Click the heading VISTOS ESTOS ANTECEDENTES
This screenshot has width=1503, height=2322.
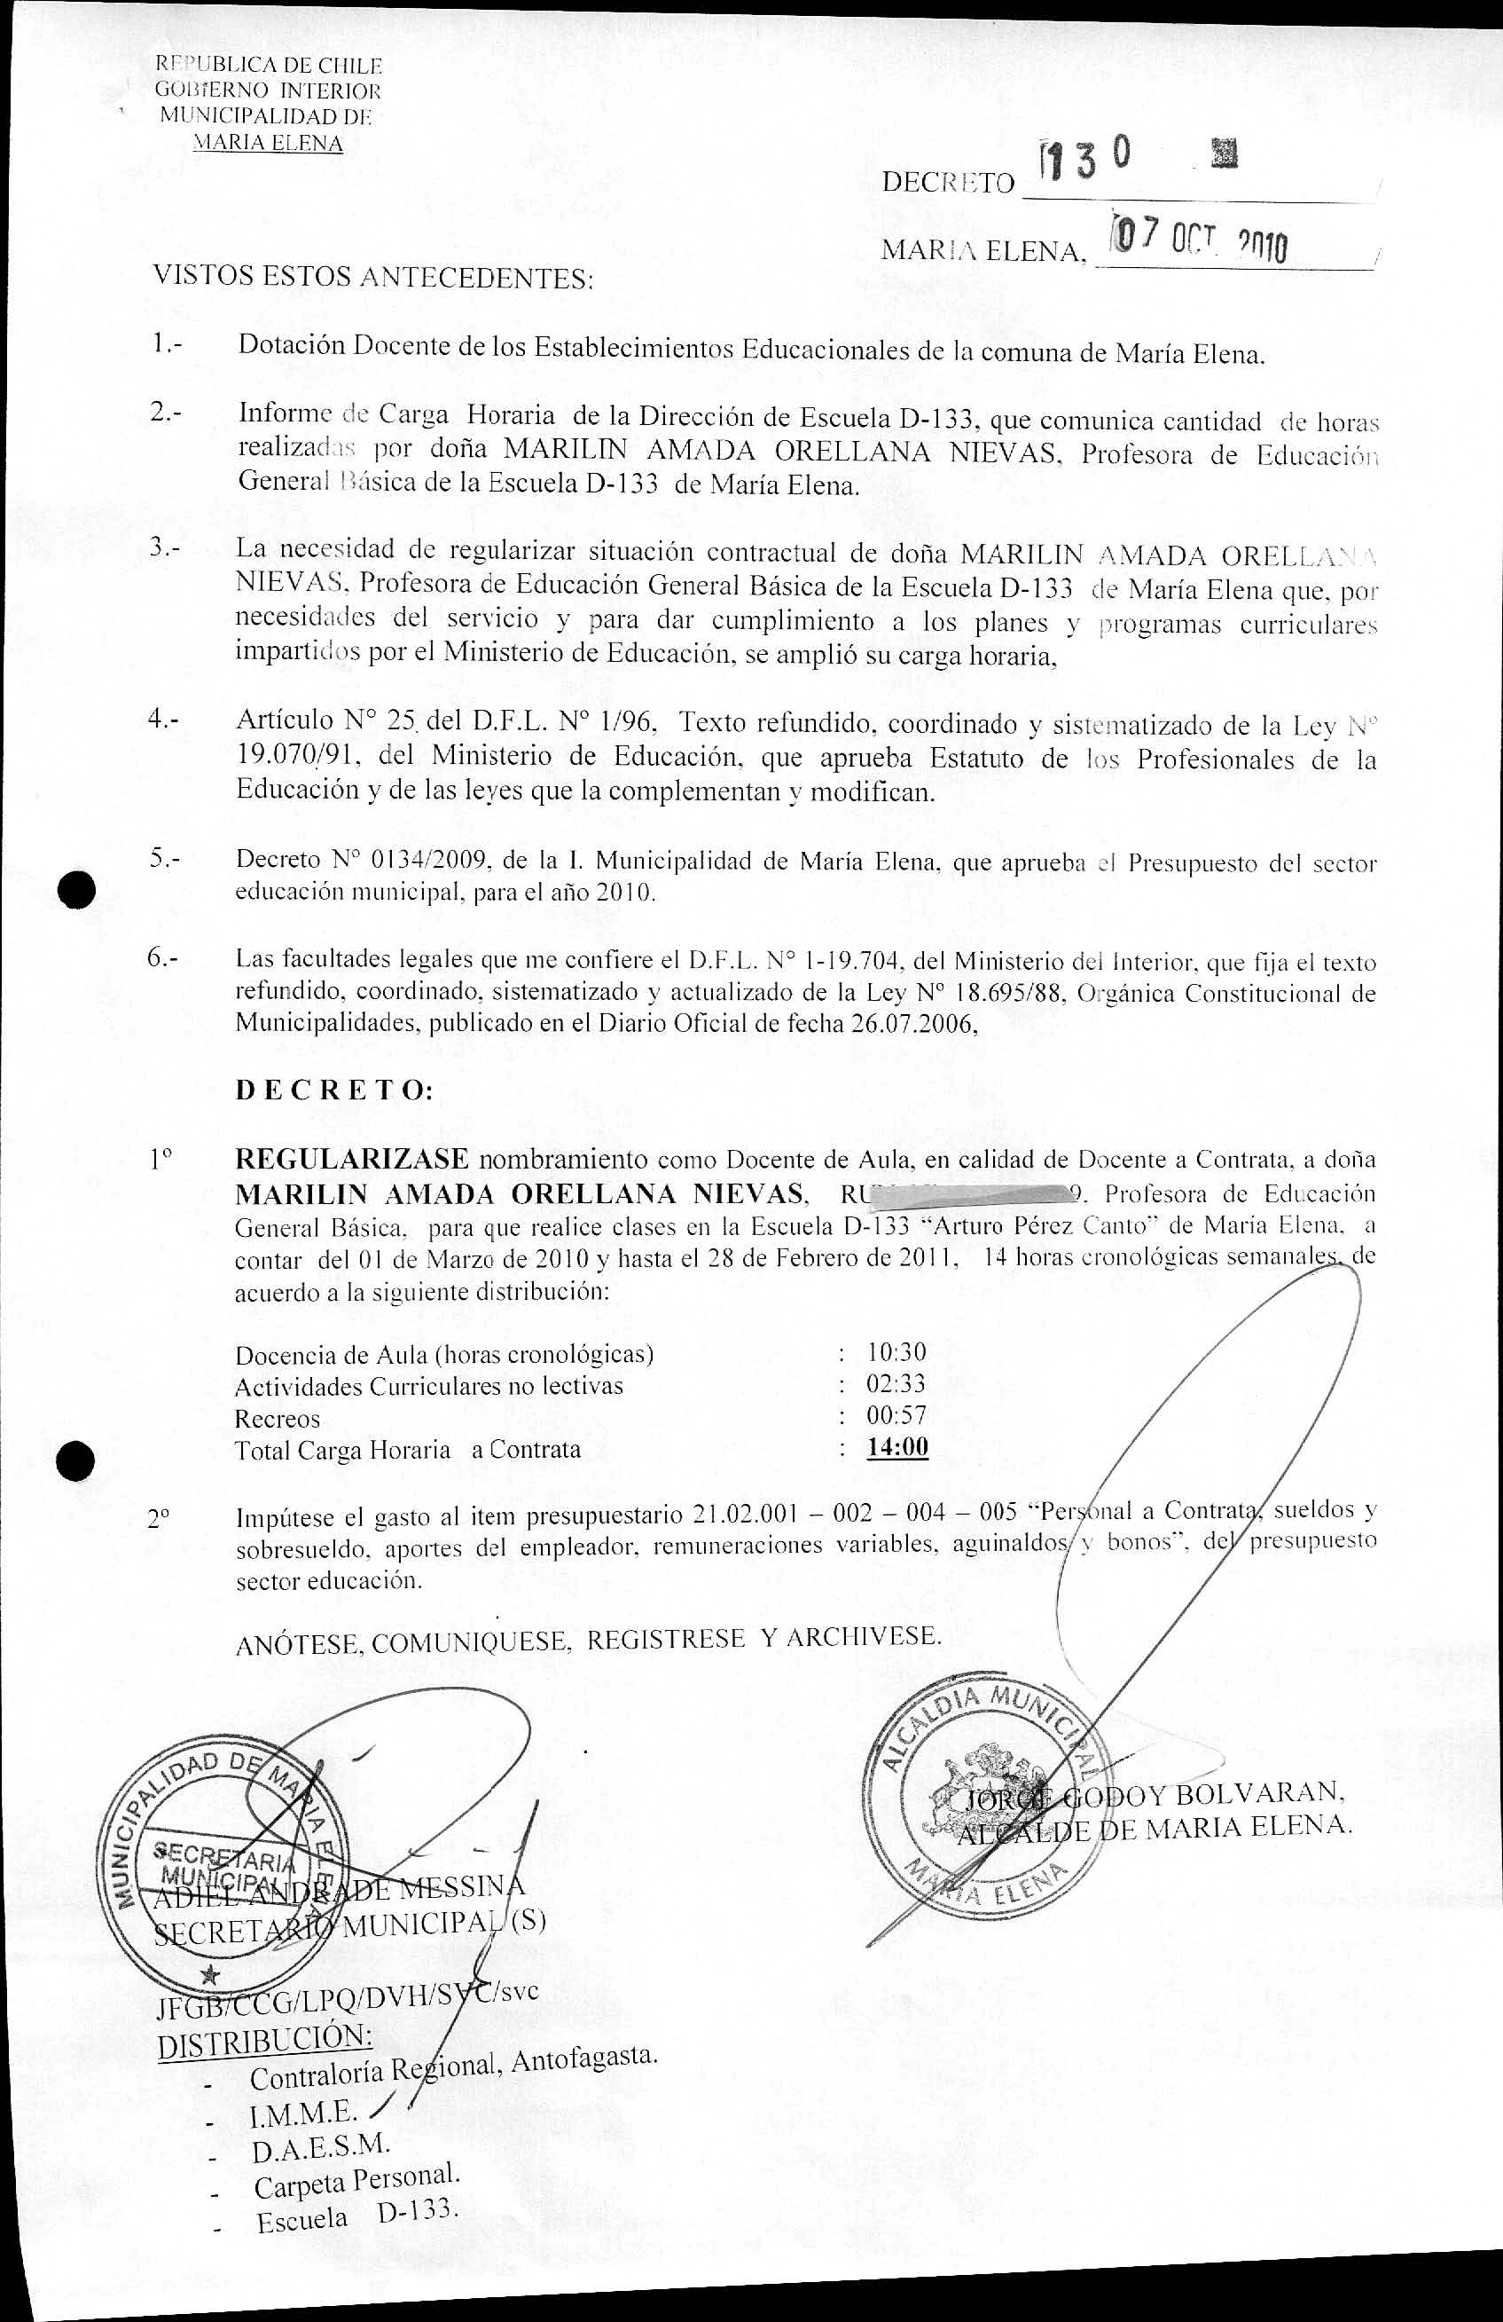[x=373, y=278]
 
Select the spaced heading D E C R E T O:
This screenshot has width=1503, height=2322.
[x=334, y=1090]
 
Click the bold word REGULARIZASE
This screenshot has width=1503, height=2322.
[x=352, y=1160]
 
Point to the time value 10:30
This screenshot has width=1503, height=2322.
[x=896, y=1352]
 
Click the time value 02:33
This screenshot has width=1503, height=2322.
[x=896, y=1383]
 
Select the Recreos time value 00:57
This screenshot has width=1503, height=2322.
[x=896, y=1414]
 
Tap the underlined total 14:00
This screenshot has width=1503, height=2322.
[x=897, y=1447]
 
